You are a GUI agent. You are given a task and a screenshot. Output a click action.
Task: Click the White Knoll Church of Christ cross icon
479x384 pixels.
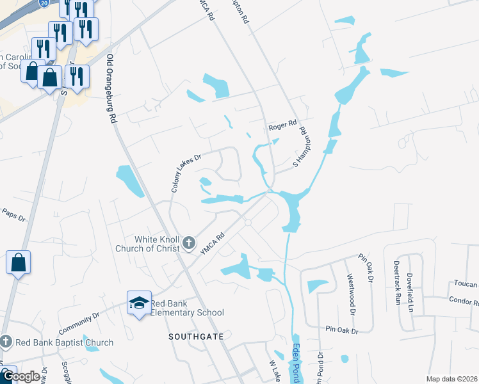[x=188, y=243]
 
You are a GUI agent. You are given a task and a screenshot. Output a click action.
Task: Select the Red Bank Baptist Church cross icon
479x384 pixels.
[x=6, y=342]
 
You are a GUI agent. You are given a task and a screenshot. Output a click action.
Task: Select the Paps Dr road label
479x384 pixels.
[x=13, y=214]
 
